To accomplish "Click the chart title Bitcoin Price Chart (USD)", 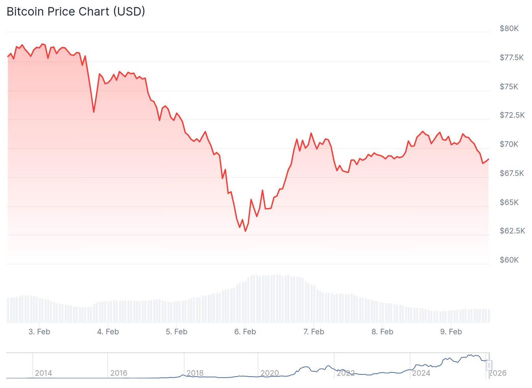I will (76, 12).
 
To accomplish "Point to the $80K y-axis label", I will (509, 29).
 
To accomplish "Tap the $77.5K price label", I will (511, 58).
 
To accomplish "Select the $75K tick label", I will (509, 87).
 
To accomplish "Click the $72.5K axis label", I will (512, 115).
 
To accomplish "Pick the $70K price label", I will (509, 144).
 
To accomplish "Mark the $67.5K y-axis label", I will (512, 173).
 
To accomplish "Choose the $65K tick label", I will (509, 202).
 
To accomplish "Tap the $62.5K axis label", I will (512, 231).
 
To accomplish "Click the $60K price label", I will (509, 260).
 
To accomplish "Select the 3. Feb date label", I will (39, 332).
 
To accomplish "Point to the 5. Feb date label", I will (177, 332).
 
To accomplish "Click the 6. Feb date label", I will (245, 332).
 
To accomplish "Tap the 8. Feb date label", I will (382, 332).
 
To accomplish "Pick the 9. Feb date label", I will (451, 332).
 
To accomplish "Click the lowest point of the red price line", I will (245, 231).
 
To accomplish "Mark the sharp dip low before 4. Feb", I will (94, 112).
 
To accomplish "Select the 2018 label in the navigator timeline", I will (195, 373).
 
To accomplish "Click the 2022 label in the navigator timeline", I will (346, 373).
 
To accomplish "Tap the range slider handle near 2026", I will (489, 365).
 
